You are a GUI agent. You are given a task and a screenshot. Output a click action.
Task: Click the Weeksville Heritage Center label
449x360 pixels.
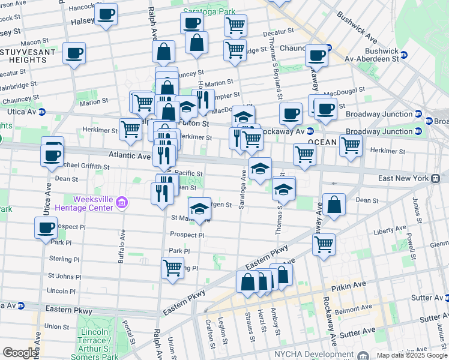pos(92,203)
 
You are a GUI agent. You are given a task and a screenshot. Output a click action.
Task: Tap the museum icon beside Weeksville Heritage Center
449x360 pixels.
pos(122,202)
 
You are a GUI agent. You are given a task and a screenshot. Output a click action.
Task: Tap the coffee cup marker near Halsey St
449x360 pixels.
pos(107,14)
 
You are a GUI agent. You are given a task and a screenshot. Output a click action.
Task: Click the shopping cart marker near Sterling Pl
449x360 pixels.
pos(172,267)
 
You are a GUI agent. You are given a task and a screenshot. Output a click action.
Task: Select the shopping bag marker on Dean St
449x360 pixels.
pos(334,205)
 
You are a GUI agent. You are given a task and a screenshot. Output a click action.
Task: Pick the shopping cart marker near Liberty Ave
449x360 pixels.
pos(324,244)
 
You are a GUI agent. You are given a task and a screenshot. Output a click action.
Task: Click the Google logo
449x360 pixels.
pos(20,353)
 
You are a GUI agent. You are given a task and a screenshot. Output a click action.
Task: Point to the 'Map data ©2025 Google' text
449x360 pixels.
pos(412,355)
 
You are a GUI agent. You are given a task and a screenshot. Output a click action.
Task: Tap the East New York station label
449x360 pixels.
pos(403,178)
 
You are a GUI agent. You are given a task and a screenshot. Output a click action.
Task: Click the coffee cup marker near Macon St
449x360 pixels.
pos(74,53)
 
